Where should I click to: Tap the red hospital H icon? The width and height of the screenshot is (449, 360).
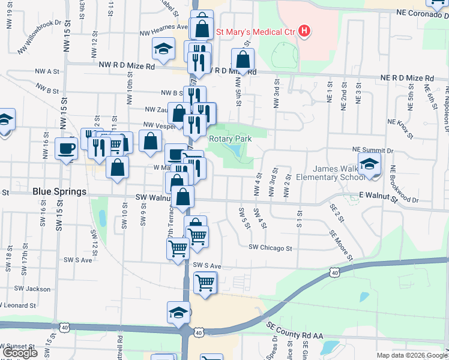click(304, 31)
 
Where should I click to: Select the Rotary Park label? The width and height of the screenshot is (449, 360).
click(230, 139)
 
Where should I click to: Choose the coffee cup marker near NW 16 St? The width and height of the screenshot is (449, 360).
click(66, 148)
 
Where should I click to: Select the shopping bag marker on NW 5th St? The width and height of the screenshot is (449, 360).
click(243, 59)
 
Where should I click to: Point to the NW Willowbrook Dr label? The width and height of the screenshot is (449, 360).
click(40, 37)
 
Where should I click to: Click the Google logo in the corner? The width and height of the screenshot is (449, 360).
click(20, 353)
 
